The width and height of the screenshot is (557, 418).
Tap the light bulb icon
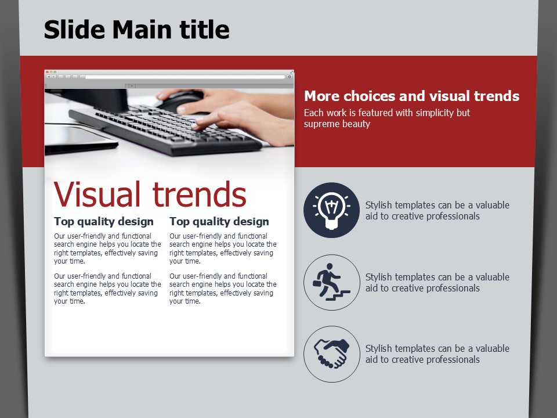pos(331,210)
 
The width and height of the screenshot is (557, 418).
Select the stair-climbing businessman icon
pos(331,282)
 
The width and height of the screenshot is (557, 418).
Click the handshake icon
pos(331,354)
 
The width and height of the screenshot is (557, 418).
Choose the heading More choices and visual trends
pos(412,96)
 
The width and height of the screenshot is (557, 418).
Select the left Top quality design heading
pos(104,221)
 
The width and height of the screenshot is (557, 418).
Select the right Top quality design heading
pos(219,221)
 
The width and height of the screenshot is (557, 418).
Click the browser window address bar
pos(185,77)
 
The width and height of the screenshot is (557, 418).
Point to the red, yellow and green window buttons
pos(51,72)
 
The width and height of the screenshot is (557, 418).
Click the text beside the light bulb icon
pos(437,210)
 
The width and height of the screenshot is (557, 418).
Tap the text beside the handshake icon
pos(437,354)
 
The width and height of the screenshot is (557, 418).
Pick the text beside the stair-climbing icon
pos(437,282)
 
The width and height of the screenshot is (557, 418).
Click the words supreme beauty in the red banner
pos(337,124)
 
